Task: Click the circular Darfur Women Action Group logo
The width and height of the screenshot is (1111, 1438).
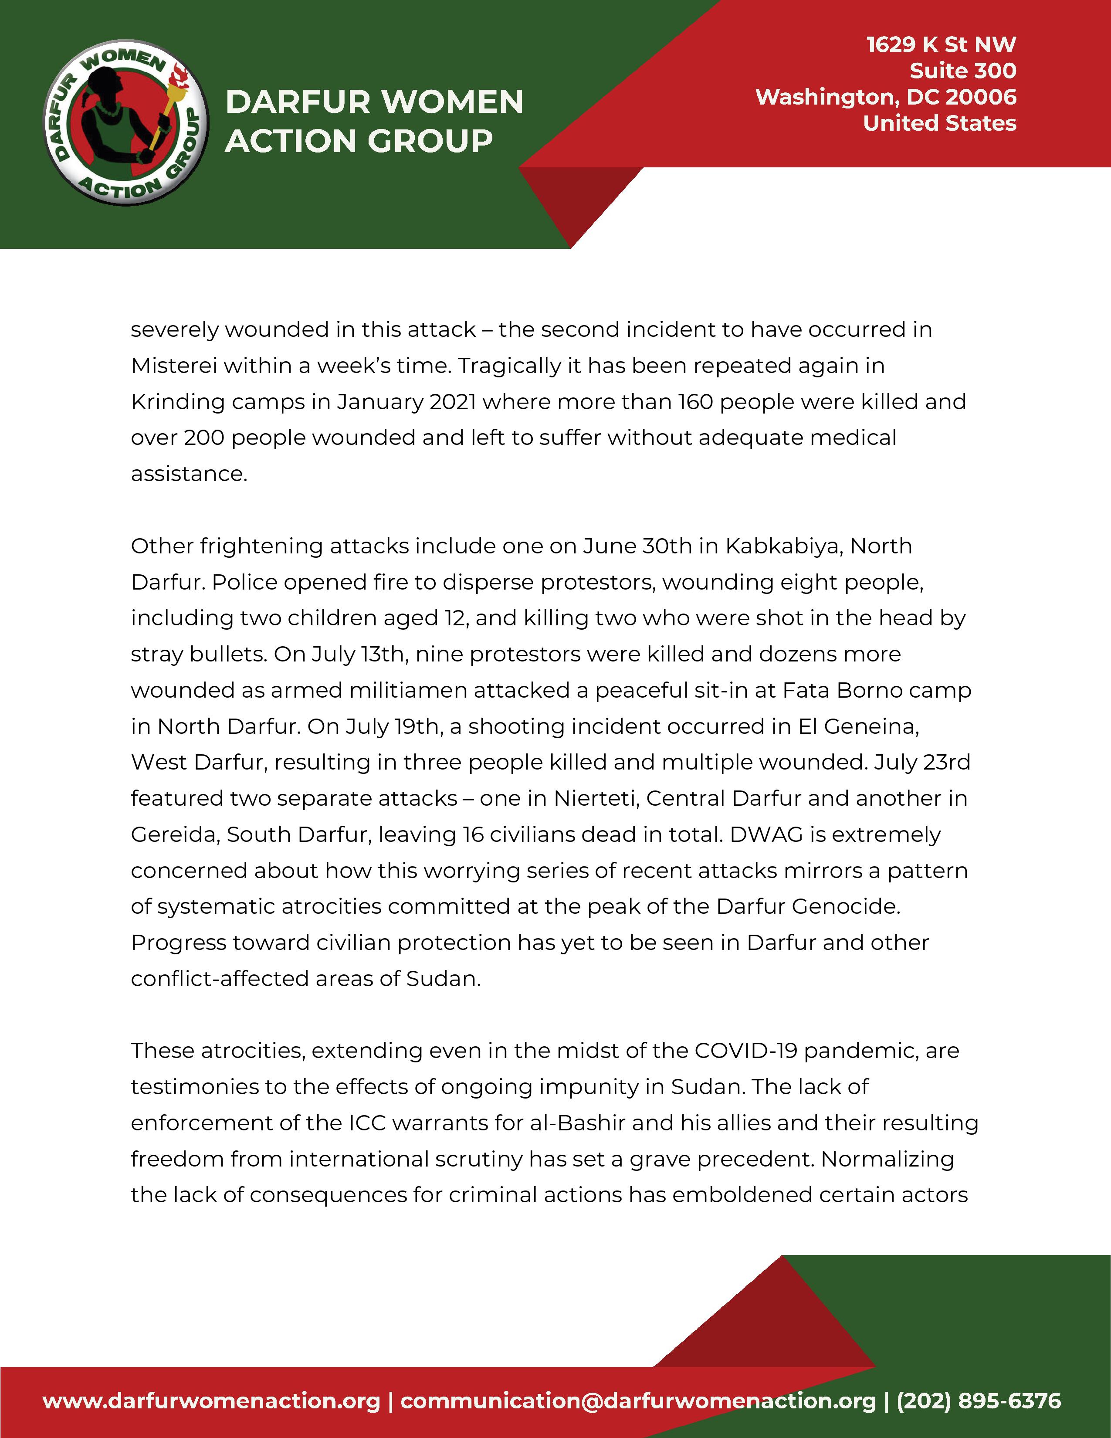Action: coord(125,123)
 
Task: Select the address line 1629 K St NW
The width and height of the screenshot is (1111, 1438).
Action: coord(941,45)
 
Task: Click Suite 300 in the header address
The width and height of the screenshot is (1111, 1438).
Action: coord(962,71)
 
